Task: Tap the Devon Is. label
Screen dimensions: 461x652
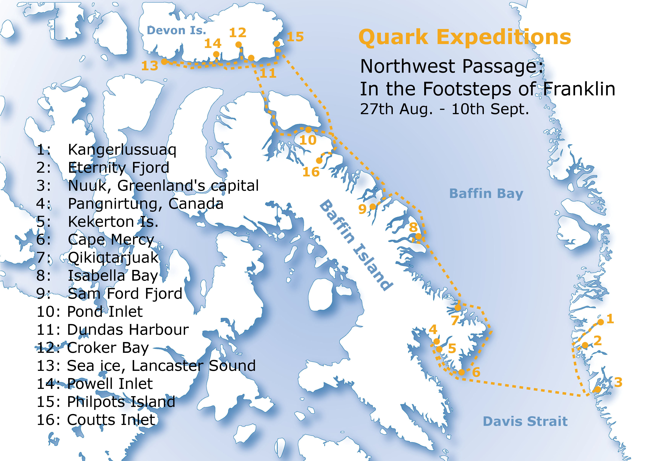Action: [176, 30]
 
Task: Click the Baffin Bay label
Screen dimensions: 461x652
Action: [486, 194]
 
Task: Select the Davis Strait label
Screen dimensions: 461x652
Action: [525, 421]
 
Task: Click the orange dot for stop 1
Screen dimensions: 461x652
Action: [601, 322]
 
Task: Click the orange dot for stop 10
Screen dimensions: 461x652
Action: [308, 130]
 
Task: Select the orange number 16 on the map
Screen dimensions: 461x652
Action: [311, 172]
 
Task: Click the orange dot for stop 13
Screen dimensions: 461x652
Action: [164, 61]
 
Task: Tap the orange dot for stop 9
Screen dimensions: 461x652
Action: [373, 207]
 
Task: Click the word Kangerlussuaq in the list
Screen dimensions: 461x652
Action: [122, 150]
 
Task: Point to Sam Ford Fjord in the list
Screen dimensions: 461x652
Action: [125, 294]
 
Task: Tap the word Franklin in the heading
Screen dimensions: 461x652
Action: [579, 89]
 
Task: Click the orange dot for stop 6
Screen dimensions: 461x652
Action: [462, 372]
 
